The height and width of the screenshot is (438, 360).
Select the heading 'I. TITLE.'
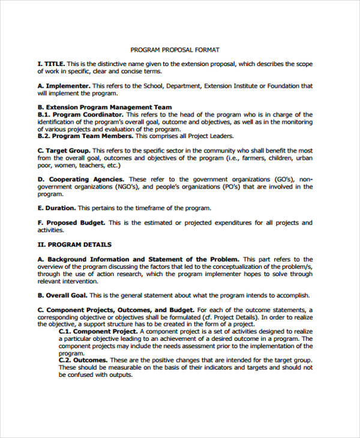tap(51, 64)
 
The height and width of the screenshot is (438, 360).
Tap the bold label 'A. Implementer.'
tap(64, 86)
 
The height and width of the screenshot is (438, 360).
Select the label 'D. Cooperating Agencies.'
tap(81, 179)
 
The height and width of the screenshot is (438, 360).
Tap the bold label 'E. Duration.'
tap(56, 208)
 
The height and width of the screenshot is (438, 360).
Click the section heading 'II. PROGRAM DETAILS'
tap(74, 245)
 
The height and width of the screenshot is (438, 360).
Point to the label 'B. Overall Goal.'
tap(62, 295)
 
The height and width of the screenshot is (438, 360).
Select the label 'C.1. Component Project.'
tap(99, 331)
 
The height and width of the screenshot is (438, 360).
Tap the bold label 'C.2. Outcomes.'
tap(83, 360)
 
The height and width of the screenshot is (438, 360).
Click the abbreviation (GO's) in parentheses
tap(280, 179)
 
